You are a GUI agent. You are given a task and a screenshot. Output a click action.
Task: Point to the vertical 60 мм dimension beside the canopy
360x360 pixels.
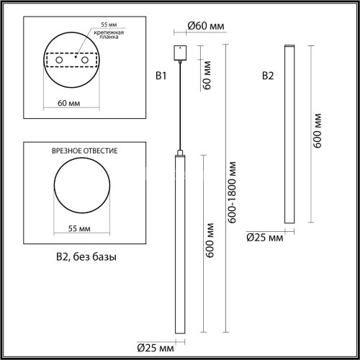click(x=207, y=73)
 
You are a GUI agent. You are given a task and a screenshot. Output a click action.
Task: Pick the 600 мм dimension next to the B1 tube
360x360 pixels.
click(x=210, y=245)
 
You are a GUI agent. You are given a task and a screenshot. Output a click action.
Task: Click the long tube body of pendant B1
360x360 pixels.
click(x=178, y=245)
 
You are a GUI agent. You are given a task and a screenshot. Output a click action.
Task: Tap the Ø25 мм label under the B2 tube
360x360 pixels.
click(x=264, y=236)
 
